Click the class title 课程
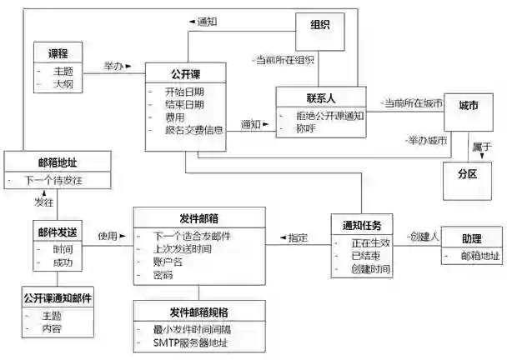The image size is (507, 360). coord(58,52)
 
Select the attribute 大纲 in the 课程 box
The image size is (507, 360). coord(63,84)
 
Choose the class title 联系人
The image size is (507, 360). coord(321,97)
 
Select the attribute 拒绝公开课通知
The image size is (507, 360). coord(331,116)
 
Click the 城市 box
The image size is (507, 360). coord(469,107)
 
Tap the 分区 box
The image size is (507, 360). coord(467,176)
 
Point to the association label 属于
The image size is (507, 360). coord(481,146)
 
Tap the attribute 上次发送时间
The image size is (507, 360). coord(183,248)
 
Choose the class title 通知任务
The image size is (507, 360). coord(361,226)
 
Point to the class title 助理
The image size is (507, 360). coord(471,238)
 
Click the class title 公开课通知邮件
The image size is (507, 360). coord(58,297)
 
